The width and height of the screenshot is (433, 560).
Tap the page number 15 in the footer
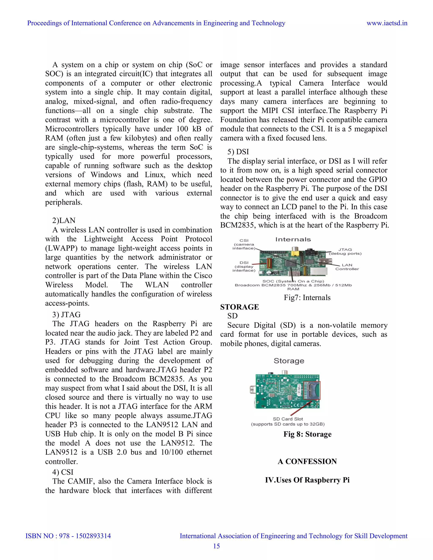[x=216, y=546]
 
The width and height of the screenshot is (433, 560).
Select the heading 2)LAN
[x=64, y=220]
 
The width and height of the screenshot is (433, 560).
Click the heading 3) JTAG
[x=66, y=314]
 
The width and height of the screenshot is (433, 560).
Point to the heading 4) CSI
[x=63, y=472]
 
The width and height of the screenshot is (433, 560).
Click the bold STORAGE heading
[x=239, y=307]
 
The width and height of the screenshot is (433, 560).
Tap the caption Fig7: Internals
[x=307, y=298]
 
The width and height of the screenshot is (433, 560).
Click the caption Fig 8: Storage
[x=307, y=434]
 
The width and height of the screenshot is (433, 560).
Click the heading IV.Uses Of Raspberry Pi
[x=307, y=480]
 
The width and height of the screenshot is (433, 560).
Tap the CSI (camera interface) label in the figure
[x=244, y=244]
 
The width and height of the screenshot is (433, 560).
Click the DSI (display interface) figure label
[x=244, y=266]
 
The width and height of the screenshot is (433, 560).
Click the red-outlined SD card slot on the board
[x=312, y=390]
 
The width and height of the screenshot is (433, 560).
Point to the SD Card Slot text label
[x=288, y=419]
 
